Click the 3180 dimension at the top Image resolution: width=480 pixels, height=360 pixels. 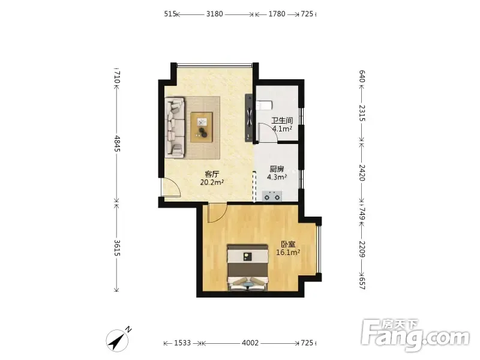214,14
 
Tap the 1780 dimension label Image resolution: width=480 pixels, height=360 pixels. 277,14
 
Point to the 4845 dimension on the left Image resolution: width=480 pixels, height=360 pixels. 117,143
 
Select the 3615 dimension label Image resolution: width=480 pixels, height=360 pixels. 117,248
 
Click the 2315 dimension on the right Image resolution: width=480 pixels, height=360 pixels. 362,113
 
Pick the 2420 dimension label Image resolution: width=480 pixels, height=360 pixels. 362,173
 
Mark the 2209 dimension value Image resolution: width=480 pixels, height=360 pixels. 362,249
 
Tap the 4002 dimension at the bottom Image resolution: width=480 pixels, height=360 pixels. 250,343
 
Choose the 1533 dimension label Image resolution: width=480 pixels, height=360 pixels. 182,343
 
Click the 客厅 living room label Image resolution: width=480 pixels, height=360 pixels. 212,175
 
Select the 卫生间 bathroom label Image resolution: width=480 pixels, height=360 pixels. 282,121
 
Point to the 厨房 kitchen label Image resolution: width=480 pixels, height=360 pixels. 277,169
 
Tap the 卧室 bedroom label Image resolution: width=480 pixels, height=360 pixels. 288,244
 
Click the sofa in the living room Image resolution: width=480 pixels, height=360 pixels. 175,128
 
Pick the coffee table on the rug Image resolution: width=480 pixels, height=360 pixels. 202,127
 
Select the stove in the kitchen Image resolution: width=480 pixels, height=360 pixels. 272,196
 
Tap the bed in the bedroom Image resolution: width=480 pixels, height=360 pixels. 248,267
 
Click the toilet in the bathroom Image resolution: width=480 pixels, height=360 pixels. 263,105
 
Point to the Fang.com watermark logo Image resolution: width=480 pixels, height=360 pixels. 415,335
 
